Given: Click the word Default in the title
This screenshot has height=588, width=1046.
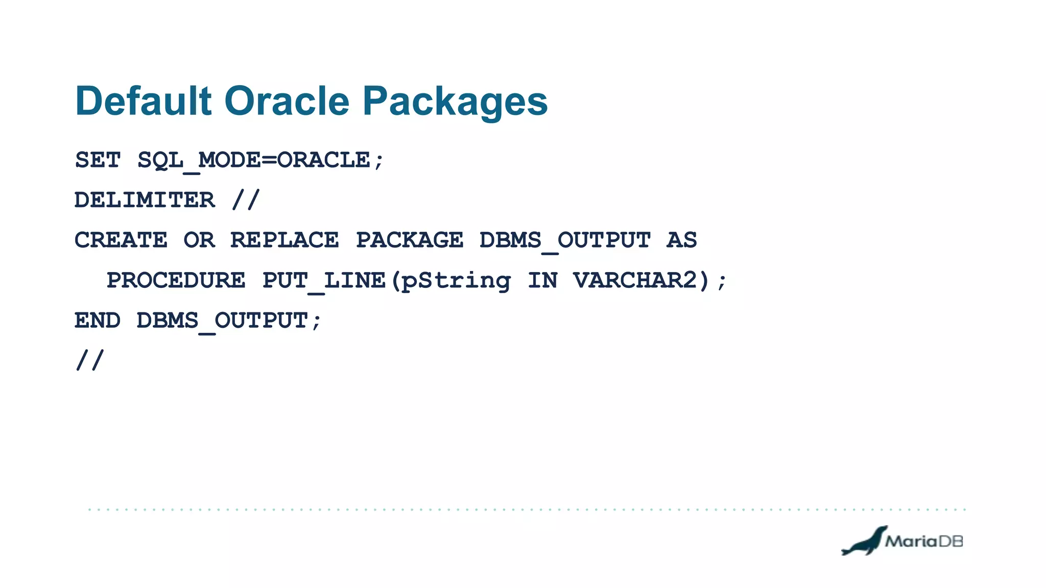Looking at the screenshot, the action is click(143, 101).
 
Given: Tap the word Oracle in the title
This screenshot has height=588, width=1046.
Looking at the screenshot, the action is click(287, 101).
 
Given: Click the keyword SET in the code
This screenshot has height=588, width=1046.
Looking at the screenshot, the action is click(98, 160).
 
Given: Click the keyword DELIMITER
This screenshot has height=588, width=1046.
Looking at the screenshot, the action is click(145, 200).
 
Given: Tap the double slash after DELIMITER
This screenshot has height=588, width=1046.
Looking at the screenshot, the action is click(246, 200).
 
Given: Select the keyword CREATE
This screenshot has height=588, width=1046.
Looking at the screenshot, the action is click(121, 240).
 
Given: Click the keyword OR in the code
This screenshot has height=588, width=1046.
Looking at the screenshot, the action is click(199, 240).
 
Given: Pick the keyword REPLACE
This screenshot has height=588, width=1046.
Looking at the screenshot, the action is click(284, 240).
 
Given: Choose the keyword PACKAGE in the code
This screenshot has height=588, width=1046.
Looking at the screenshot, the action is click(410, 240).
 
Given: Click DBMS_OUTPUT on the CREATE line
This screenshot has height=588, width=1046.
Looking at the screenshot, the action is click(565, 240).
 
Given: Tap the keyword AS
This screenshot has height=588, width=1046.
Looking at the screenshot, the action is click(681, 240).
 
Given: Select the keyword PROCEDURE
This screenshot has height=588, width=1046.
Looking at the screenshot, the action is click(176, 280).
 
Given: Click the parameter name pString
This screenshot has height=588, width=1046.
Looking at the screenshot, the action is click(456, 281).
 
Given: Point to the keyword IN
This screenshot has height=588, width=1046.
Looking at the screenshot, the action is click(542, 280).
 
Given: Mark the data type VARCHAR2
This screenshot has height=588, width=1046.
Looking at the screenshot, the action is click(635, 280).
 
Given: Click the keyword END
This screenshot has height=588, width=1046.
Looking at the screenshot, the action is click(98, 321).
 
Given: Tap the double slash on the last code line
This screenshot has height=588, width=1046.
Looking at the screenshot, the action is click(90, 360).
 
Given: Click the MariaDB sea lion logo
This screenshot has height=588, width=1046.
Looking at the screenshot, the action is click(864, 541).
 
